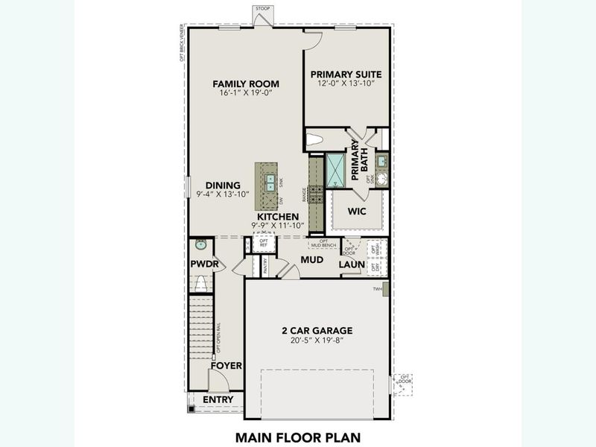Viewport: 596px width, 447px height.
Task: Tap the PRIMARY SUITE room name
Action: pyautogui.click(x=346, y=74)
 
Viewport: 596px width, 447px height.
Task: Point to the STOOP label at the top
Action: pyautogui.click(x=262, y=8)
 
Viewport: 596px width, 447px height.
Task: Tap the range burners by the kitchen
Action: pyautogui.click(x=316, y=194)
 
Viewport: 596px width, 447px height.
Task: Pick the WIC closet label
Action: pyautogui.click(x=357, y=211)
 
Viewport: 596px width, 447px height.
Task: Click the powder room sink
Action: pyautogui.click(x=200, y=244)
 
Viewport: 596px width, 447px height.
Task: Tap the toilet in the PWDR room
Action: pyautogui.click(x=200, y=283)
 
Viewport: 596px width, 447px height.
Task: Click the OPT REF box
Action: pyautogui.click(x=263, y=242)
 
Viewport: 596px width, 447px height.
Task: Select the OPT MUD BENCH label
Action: pyautogui.click(x=323, y=244)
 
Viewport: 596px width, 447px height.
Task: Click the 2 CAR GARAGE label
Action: pyautogui.click(x=317, y=330)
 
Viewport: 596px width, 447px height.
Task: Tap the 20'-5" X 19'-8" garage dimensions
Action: pyautogui.click(x=317, y=340)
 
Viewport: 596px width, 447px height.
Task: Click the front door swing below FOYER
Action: pyautogui.click(x=218, y=381)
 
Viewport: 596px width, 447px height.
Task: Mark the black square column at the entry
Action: pyautogui.click(x=191, y=409)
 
